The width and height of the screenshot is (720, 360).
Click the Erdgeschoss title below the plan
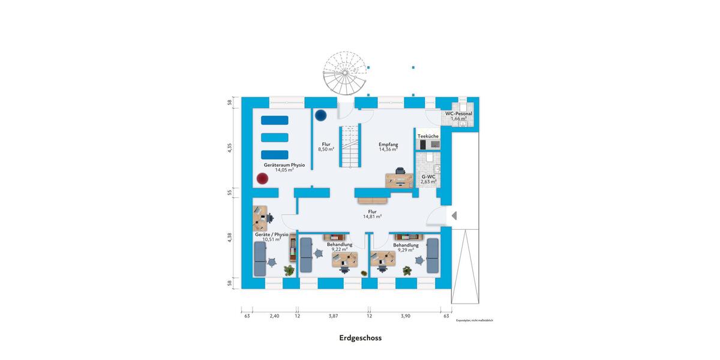coord(360,338)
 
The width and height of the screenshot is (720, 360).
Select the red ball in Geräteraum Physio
coord(262,178)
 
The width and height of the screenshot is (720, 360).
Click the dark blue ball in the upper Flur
coord(321,114)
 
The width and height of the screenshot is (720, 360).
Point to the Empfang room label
coord(388,144)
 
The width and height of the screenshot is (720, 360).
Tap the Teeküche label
coord(428,136)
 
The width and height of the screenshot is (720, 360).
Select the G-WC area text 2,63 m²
coord(428,181)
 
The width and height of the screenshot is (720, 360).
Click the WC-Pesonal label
coord(458,113)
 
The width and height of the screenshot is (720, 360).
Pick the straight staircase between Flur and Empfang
coord(350,147)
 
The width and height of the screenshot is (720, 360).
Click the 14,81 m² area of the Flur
coord(372,217)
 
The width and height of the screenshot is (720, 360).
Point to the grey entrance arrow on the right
coord(454,215)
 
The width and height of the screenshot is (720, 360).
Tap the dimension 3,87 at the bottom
coord(333,316)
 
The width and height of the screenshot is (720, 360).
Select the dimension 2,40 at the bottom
coord(274,316)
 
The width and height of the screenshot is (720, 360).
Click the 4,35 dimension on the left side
coord(229,148)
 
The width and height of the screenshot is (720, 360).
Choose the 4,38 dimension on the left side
coord(229,238)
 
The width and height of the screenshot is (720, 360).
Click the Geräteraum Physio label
coord(284,164)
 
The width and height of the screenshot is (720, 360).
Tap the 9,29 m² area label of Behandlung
coord(406,250)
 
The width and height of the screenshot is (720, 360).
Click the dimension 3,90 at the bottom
coord(406,316)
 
